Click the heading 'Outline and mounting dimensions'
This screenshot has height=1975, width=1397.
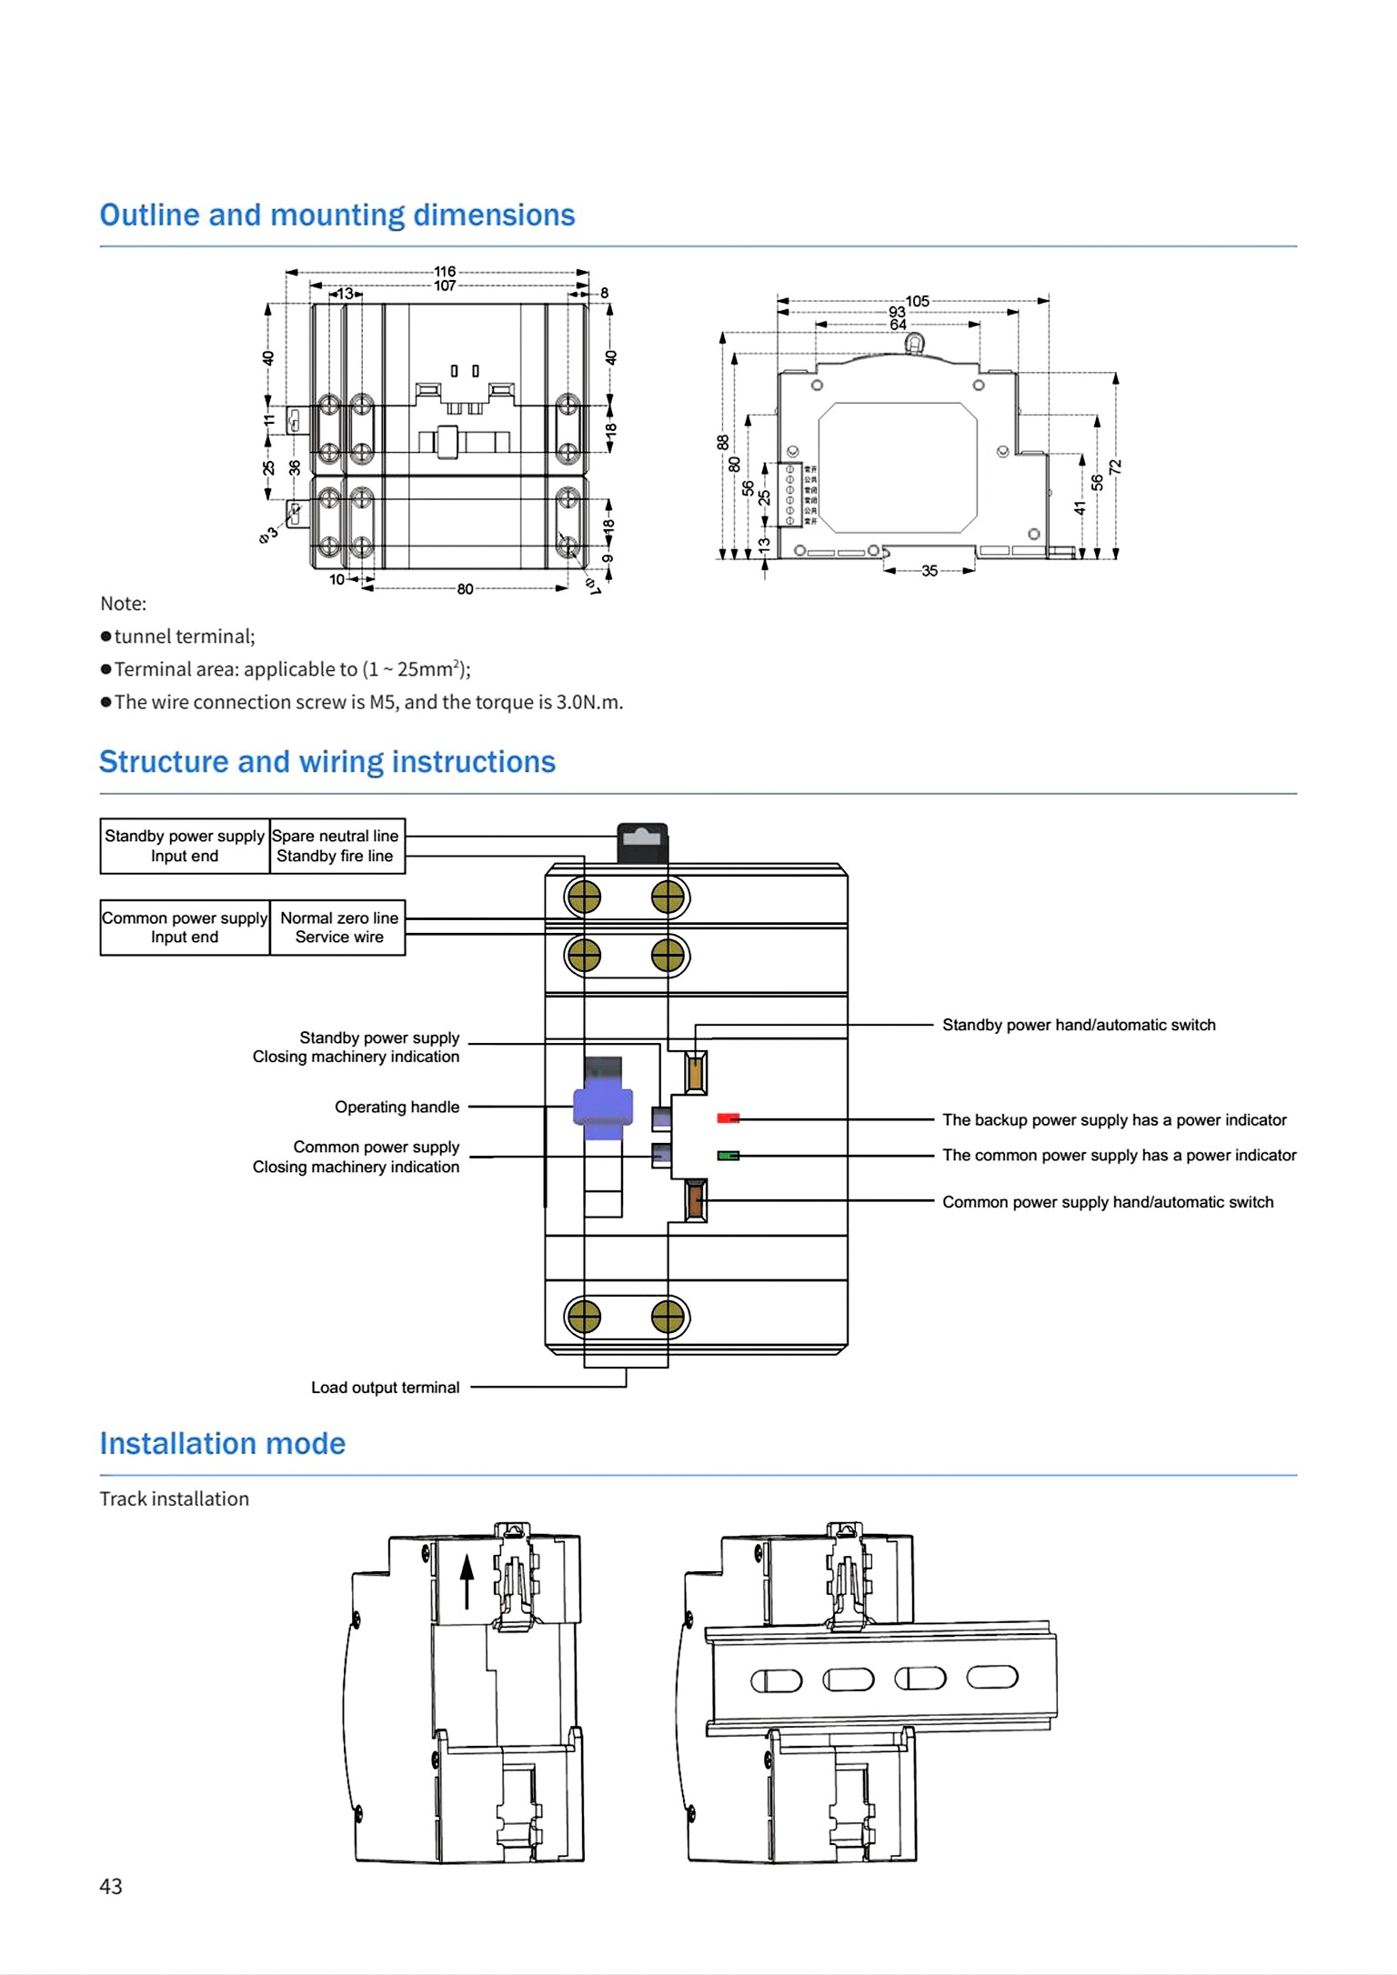337,216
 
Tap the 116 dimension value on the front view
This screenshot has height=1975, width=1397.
445,271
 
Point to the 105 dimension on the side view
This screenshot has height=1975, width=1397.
917,301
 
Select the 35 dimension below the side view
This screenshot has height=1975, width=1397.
930,571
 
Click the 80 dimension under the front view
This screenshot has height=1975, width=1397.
465,589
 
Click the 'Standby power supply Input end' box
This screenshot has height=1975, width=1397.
185,846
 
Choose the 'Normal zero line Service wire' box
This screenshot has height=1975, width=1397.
338,927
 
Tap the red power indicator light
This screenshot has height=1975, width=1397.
728,1118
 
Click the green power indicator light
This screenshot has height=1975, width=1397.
728,1156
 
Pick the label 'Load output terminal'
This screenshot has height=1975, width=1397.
385,1388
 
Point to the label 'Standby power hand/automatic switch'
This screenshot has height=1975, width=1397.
1079,1025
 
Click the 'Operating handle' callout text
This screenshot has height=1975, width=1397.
397,1107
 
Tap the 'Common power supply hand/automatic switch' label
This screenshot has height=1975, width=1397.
1108,1202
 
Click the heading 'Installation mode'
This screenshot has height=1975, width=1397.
223,1444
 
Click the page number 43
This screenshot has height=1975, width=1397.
111,1887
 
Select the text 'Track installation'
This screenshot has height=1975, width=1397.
174,1499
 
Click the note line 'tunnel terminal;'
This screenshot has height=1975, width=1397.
185,637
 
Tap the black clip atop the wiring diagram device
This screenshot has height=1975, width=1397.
642,843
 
